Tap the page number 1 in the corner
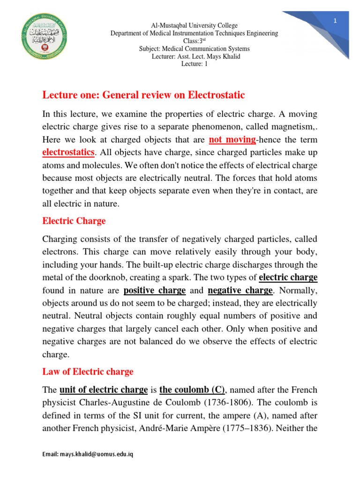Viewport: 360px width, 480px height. (335, 21)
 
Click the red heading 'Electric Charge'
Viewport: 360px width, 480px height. (74, 221)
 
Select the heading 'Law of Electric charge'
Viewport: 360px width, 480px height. (88, 372)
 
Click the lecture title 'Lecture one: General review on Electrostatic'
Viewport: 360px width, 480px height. (143, 95)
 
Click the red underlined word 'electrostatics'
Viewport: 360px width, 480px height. (68, 152)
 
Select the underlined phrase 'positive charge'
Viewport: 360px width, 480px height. (155, 290)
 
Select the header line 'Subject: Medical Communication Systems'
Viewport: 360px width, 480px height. (194, 49)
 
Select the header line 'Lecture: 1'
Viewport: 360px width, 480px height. (194, 64)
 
